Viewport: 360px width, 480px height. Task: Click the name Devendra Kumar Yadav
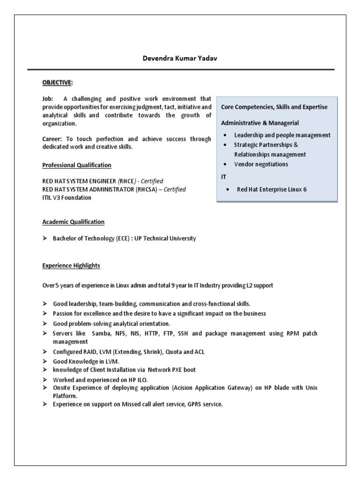pyautogui.click(x=180, y=59)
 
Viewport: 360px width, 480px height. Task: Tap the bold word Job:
pyautogui.click(x=48, y=99)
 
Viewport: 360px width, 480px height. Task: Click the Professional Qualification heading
pyautogui.click(x=77, y=165)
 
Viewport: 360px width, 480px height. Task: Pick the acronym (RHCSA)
pyautogui.click(x=140, y=189)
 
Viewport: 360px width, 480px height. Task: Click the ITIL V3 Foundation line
pyautogui.click(x=67, y=197)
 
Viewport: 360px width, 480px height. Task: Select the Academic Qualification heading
pyautogui.click(x=73, y=222)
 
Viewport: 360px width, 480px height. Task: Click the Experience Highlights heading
pyautogui.click(x=71, y=266)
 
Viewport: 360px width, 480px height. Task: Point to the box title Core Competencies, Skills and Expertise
pyautogui.click(x=275, y=107)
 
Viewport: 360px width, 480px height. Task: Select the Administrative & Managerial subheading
pyautogui.click(x=260, y=123)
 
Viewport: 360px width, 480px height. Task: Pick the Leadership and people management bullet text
pyautogui.click(x=282, y=135)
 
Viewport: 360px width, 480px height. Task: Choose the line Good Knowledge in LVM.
pyautogui.click(x=86, y=361)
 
